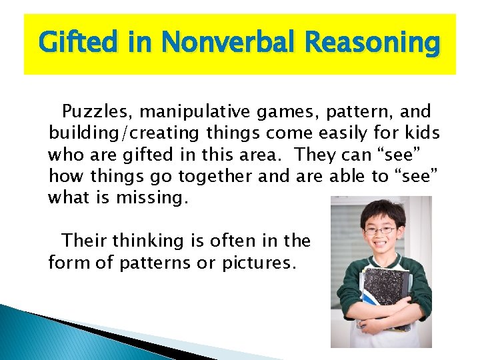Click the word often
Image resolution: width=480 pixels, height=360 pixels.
243,241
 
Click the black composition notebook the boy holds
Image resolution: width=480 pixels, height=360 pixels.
385,293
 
